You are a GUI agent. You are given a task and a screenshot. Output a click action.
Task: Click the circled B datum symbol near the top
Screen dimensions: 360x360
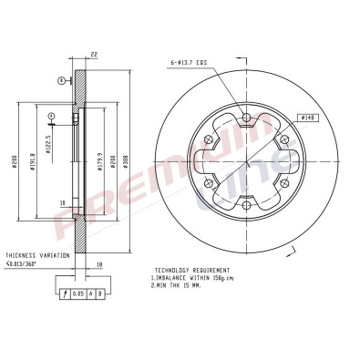[x=60, y=81]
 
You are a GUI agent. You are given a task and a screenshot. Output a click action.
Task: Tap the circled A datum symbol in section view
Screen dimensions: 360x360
[x=51, y=115]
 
